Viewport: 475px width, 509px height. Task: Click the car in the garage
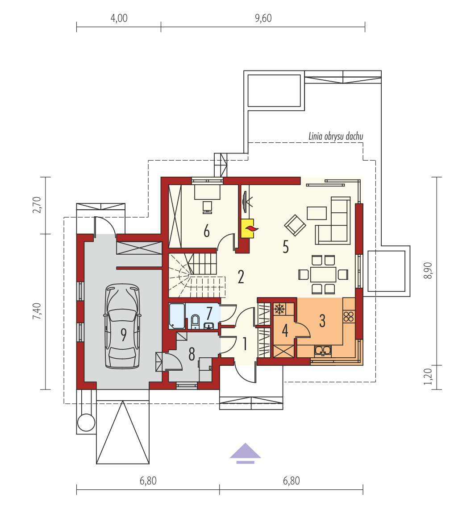(122, 326)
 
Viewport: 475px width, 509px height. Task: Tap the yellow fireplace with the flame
(248, 228)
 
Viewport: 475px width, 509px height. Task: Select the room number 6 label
(207, 232)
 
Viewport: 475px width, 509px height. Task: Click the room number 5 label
(286, 247)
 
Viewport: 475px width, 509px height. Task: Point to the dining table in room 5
(323, 275)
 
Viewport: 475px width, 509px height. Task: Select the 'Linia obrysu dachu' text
(336, 137)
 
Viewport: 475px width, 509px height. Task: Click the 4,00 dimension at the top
(119, 18)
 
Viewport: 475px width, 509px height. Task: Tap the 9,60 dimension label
(263, 18)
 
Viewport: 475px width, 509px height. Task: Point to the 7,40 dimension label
(37, 311)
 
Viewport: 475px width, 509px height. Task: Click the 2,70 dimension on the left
(37, 205)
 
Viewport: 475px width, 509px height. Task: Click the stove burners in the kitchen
(349, 316)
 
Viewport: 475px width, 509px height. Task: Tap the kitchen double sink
(323, 351)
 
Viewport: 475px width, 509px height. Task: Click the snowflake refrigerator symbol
(279, 309)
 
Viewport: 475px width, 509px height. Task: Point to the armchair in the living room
(295, 225)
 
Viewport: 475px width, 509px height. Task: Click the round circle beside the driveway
(87, 422)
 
